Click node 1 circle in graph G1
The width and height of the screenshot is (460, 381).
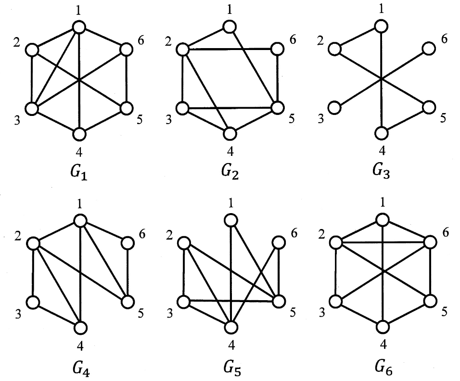(x=79, y=26)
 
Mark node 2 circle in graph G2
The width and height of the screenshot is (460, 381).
(x=182, y=49)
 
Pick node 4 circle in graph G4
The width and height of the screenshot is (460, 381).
(x=80, y=327)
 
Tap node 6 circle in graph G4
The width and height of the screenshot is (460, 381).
(x=127, y=243)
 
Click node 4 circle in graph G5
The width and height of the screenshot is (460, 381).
(x=231, y=327)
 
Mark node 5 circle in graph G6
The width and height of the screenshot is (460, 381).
(x=429, y=302)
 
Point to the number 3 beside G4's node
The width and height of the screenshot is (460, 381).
(x=17, y=314)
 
